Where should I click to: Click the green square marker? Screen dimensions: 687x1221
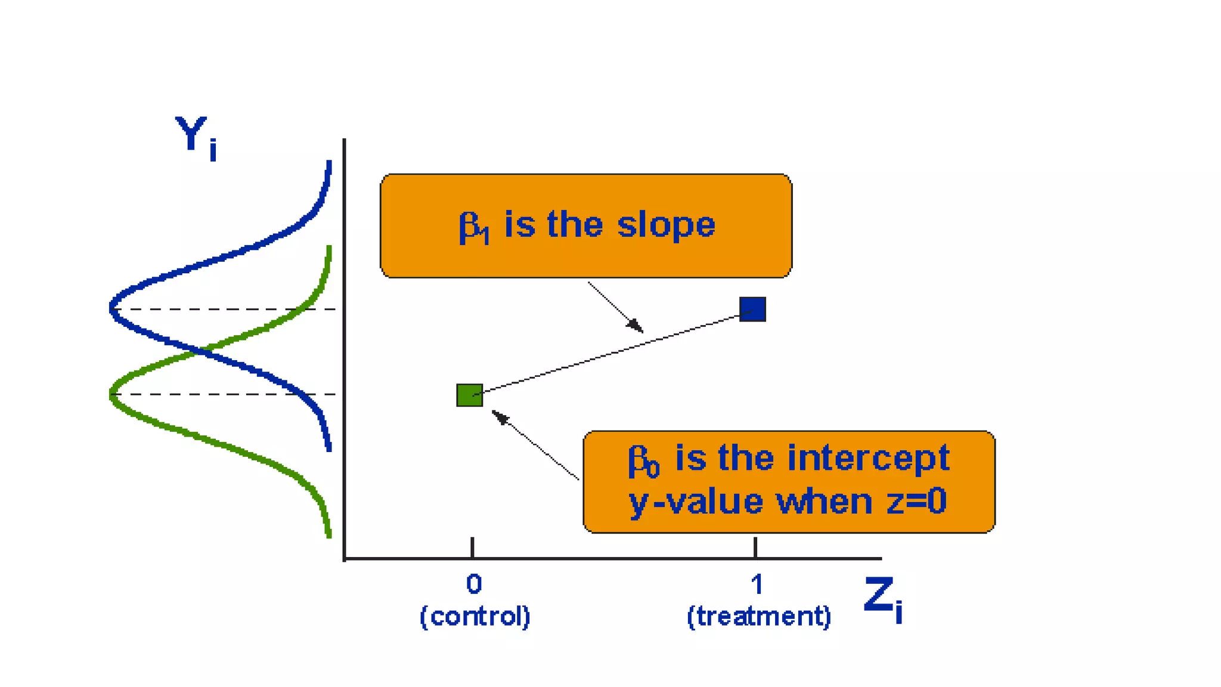tap(469, 395)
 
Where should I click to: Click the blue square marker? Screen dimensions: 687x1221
tap(752, 309)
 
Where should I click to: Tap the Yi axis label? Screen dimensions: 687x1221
tap(196, 137)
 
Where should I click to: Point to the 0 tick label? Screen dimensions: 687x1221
tap(474, 584)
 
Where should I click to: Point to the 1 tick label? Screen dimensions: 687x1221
tap(757, 584)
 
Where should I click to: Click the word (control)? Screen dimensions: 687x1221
tap(475, 616)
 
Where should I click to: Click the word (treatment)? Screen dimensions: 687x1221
tap(758, 616)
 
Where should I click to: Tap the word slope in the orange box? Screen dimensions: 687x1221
tap(665, 225)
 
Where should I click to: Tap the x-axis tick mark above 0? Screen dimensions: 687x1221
tap(472, 547)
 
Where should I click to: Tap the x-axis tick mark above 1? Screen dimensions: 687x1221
tap(755, 547)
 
